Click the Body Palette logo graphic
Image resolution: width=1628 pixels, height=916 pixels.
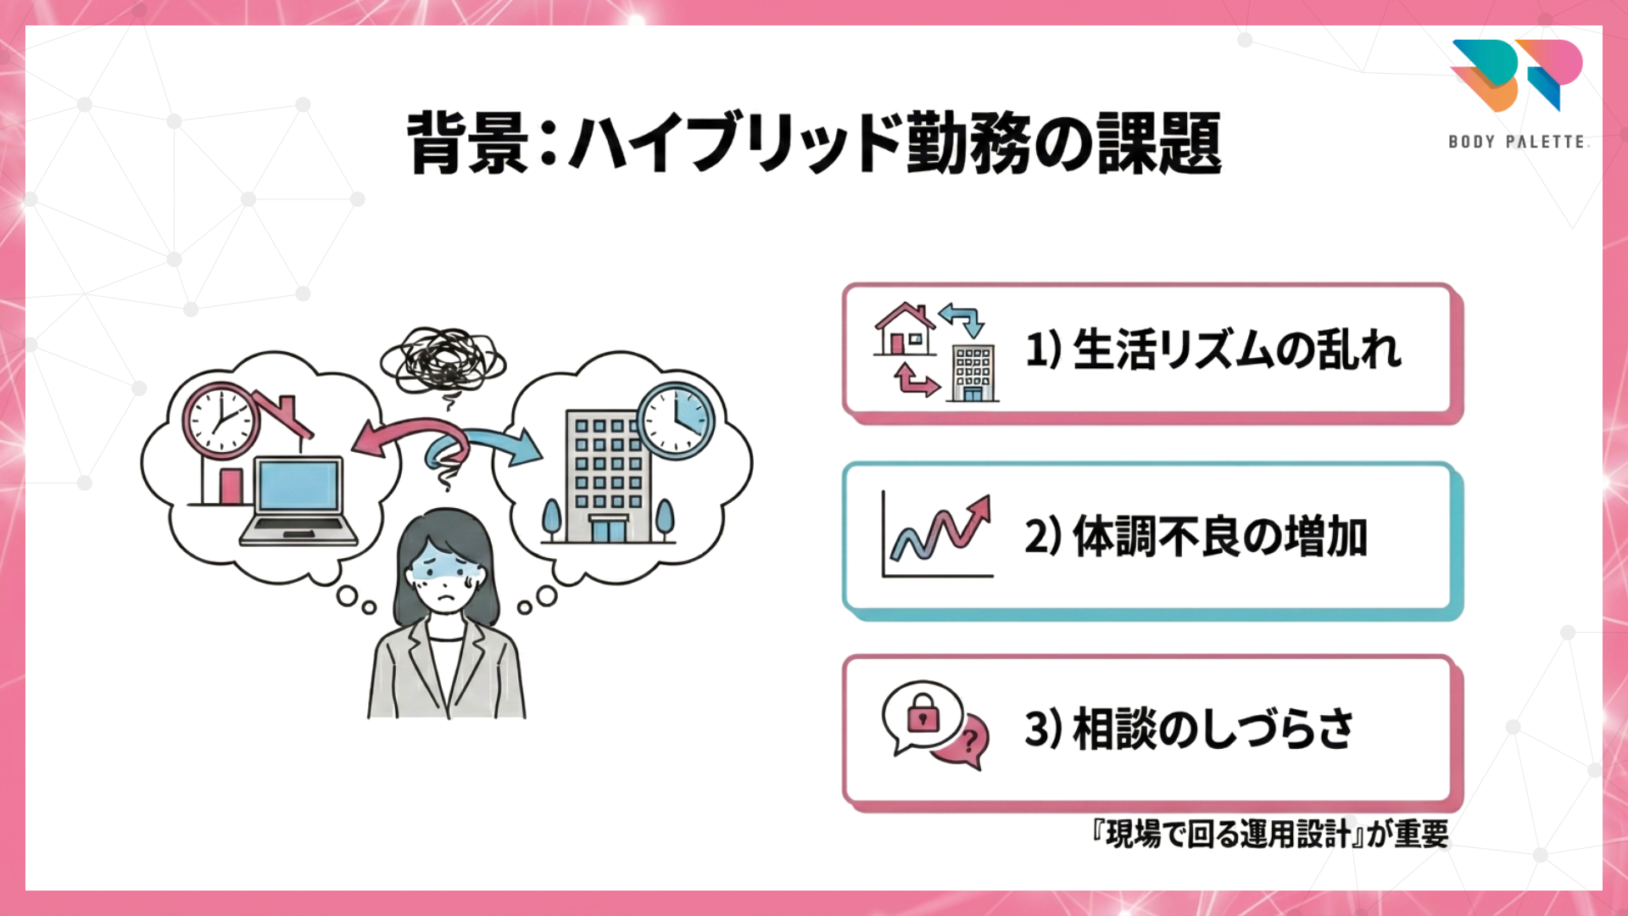click(1516, 75)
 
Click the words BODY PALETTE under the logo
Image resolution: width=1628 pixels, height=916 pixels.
click(1517, 142)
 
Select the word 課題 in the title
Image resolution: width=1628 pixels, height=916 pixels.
click(1159, 142)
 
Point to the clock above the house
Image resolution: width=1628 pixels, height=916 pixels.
click(220, 420)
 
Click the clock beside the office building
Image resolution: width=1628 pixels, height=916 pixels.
click(676, 420)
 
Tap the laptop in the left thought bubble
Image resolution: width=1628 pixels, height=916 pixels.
click(298, 500)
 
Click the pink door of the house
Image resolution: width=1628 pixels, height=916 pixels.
click(231, 486)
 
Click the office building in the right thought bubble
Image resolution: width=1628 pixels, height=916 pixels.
click(608, 475)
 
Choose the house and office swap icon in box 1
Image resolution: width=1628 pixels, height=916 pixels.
click(936, 351)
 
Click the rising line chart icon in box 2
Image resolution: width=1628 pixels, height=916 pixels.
click(938, 536)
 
